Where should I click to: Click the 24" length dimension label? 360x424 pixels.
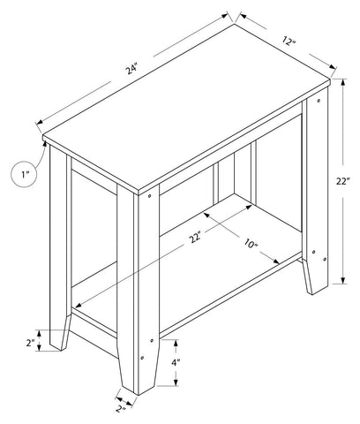132,70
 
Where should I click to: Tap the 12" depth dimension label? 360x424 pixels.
289,41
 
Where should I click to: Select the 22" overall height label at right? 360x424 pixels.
343,181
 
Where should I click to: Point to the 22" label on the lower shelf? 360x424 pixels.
195,238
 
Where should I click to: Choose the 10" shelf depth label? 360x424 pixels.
251,243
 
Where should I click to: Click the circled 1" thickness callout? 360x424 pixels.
24,175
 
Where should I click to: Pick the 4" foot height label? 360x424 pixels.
176,363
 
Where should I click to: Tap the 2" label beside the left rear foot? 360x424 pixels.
30,343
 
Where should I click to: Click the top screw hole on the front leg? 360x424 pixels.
150,195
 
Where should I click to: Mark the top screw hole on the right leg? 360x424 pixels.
319,101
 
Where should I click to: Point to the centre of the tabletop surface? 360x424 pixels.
186,110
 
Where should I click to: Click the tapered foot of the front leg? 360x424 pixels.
139,367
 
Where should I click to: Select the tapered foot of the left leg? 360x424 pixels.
60,333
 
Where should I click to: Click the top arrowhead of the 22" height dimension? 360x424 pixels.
342,82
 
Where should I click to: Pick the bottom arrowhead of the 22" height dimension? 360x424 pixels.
342,280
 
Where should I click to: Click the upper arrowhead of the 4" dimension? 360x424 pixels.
176,344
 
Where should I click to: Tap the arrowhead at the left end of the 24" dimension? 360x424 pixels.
40,123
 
